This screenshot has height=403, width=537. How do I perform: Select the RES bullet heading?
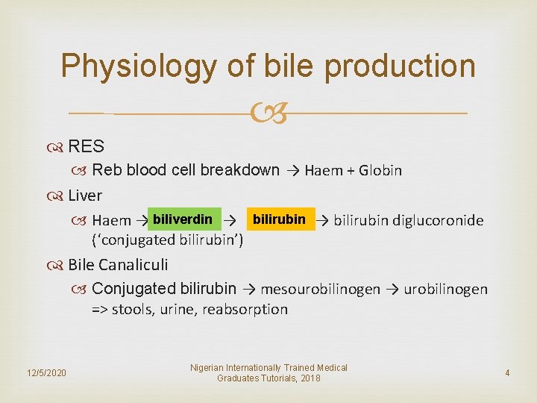(x=86, y=146)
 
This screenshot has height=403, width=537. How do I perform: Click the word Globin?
(x=380, y=170)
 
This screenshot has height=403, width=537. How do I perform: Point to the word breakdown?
(x=240, y=169)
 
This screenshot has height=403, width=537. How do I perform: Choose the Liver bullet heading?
(x=85, y=196)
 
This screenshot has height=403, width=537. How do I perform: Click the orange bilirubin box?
(x=280, y=219)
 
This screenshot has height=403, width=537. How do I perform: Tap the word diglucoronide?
(x=438, y=220)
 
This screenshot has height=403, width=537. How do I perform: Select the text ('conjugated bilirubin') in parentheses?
(x=167, y=240)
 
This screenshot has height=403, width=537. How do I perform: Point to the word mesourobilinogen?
(x=321, y=289)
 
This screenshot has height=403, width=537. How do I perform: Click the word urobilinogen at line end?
(x=445, y=289)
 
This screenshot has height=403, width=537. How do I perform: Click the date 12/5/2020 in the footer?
(x=45, y=372)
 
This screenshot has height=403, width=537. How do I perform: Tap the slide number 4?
(x=507, y=372)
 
